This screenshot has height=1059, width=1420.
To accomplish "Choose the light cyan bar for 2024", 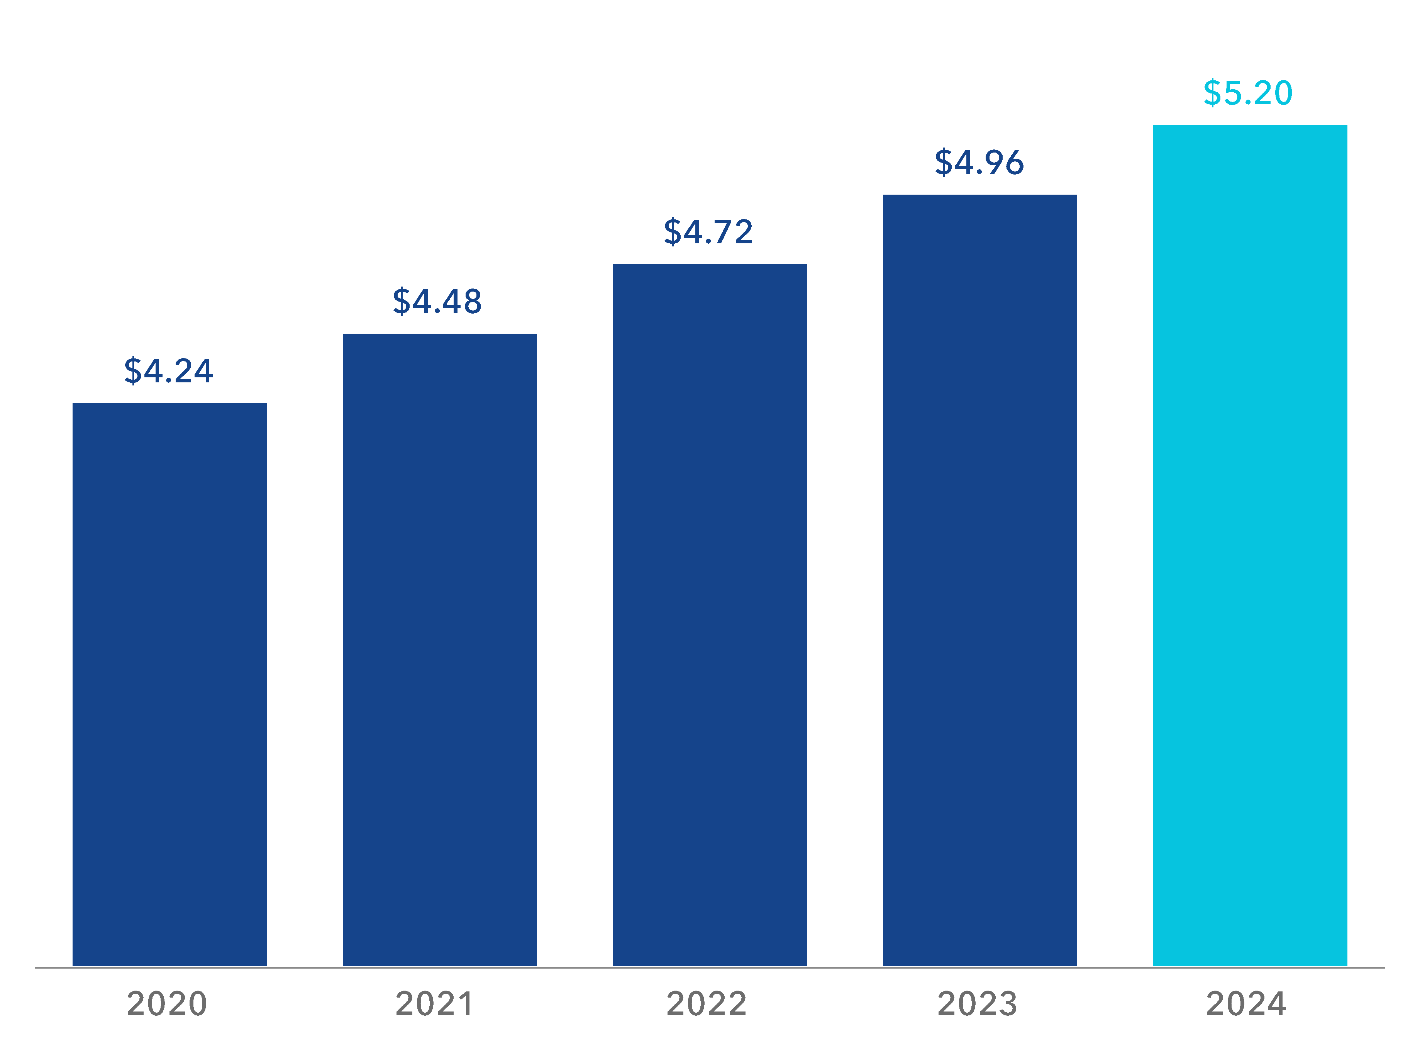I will pyautogui.click(x=1250, y=545).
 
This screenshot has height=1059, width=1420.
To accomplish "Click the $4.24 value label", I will pyautogui.click(x=169, y=370).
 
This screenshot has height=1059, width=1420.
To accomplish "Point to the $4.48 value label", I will pyautogui.click(x=438, y=301).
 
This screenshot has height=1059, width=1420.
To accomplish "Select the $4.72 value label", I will pyautogui.click(x=708, y=231).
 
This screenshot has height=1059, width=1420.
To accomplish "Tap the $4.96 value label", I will pyautogui.click(x=979, y=162).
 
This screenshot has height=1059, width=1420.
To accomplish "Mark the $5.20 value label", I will pyautogui.click(x=1248, y=93).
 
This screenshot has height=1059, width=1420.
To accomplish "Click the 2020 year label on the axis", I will pyautogui.click(x=167, y=1004).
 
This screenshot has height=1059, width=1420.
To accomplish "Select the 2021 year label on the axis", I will pyautogui.click(x=434, y=1004).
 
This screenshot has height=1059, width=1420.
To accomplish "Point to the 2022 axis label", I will pyautogui.click(x=707, y=1004).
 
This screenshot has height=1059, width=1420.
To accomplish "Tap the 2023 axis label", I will pyautogui.click(x=977, y=1004).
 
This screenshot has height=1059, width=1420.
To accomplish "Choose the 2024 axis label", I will pyautogui.click(x=1246, y=1004).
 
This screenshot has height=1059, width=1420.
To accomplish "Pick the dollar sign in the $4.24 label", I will pyautogui.click(x=133, y=370).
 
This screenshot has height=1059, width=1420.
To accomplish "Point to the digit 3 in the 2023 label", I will pyautogui.click(x=1007, y=1004).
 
